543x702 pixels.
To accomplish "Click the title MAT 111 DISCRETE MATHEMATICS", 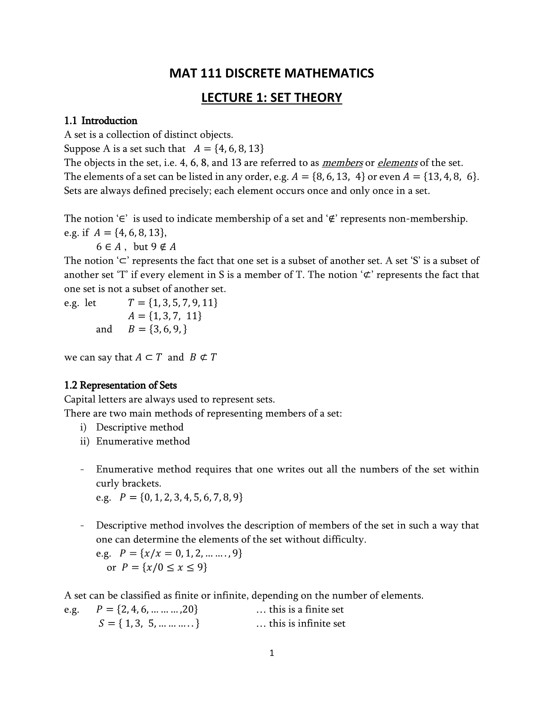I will (271, 74).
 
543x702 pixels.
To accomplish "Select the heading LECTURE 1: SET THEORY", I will (271, 98).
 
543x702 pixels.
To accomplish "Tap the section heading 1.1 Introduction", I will (101, 121).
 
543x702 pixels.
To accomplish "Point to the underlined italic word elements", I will (397, 163).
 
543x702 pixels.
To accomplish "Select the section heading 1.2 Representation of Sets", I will (120, 385).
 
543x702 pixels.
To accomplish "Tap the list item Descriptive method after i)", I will (140, 427).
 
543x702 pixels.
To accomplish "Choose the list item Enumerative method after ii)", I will (143, 441).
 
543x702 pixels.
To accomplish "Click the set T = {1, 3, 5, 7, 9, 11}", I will (173, 303).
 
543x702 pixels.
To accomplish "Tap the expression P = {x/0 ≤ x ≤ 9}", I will (164, 568).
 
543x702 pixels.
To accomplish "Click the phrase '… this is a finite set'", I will (300, 610).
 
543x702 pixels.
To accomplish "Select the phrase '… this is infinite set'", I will (301, 624).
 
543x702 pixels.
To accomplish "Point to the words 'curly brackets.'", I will (129, 483).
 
